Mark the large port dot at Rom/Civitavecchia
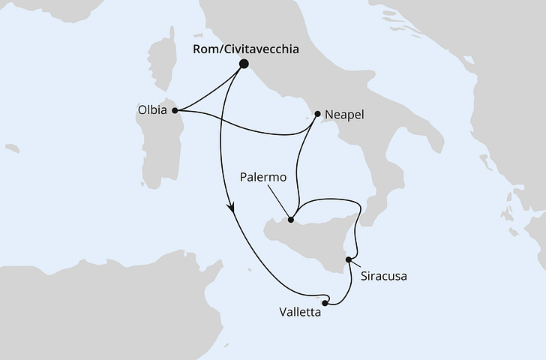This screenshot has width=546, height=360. [244, 64]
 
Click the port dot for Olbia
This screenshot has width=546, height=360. [175, 111]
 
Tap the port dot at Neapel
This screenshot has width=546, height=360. [318, 115]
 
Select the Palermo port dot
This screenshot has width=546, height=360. [291, 220]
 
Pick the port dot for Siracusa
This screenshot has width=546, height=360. [348, 259]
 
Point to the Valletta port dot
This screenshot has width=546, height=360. [325, 303]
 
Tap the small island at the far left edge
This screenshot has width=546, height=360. [10, 148]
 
